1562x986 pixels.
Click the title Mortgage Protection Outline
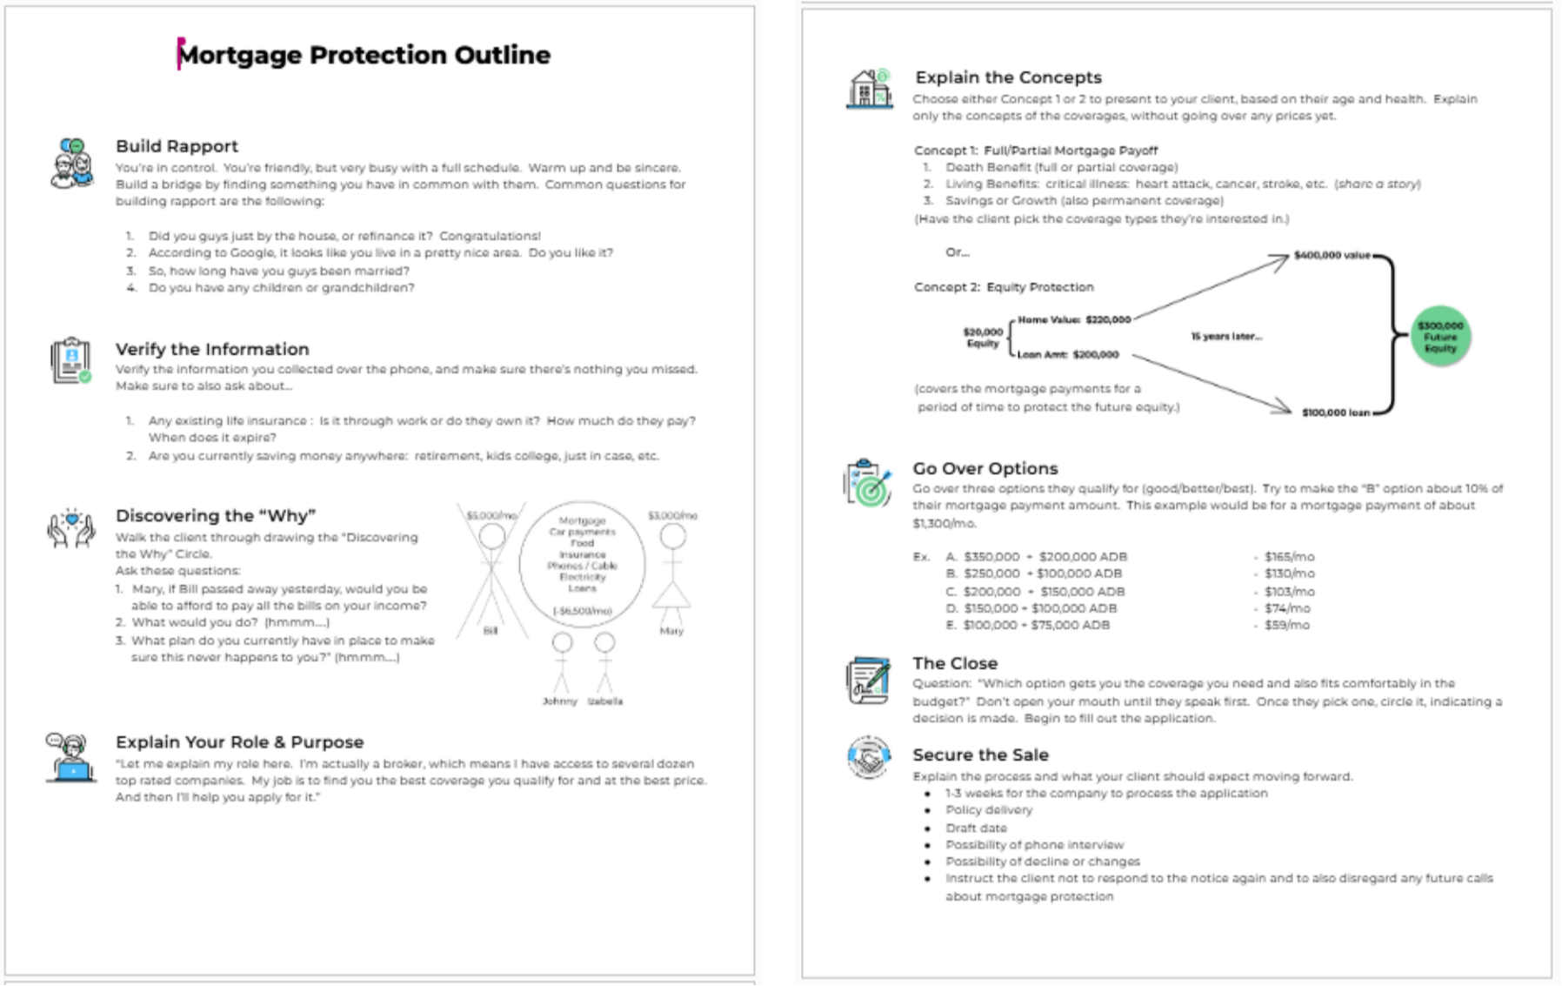364,55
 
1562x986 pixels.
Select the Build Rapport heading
177,146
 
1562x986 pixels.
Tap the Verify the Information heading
212,349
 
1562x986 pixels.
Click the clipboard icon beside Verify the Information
71,360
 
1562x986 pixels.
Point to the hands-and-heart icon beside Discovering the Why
71,528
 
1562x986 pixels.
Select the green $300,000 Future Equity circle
1440,337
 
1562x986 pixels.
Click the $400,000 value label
1332,255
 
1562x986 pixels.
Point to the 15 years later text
1226,336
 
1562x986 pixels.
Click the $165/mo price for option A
1289,556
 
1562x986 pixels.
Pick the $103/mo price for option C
1289,591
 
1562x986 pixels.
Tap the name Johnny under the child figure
559,701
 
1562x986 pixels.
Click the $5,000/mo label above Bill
491,515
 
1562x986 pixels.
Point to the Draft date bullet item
976,828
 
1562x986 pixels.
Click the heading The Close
954,663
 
